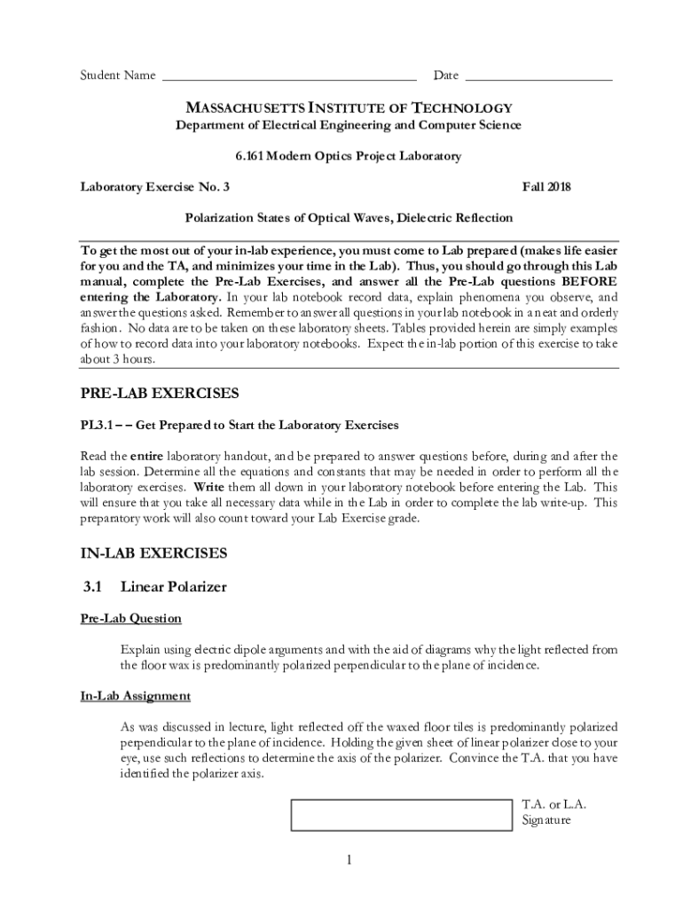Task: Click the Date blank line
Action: point(538,76)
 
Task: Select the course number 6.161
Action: point(251,156)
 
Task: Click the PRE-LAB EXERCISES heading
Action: point(160,393)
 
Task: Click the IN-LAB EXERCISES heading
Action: point(154,553)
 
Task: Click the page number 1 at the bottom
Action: point(349,859)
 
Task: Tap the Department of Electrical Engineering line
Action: point(348,125)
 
